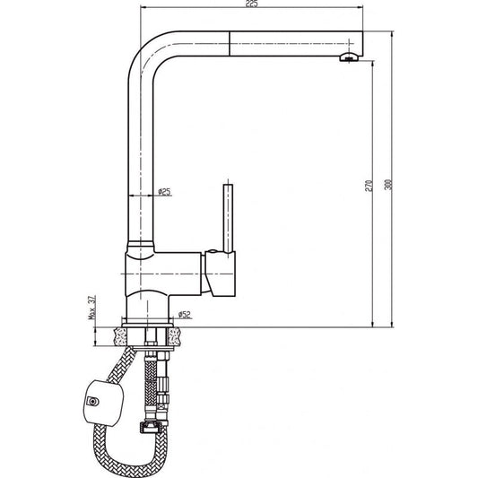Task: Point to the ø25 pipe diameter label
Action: (x=165, y=191)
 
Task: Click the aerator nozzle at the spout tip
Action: (x=350, y=58)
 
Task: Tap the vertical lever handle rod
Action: (x=228, y=220)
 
